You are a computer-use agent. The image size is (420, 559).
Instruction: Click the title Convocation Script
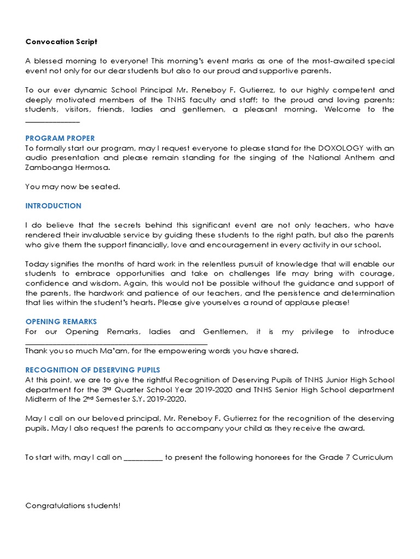[61, 41]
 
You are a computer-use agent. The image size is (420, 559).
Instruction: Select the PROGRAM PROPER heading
[60, 138]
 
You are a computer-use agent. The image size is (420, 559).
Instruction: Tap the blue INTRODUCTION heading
[53, 206]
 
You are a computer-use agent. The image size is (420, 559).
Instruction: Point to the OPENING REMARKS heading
[61, 322]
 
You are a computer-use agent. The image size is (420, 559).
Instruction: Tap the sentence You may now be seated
[72, 187]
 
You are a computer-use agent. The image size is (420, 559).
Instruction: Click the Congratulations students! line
[73, 506]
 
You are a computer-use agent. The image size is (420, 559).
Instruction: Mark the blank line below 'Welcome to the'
[52, 120]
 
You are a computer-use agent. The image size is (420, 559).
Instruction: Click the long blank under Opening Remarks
[116, 342]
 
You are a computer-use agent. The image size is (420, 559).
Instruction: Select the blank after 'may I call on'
[143, 457]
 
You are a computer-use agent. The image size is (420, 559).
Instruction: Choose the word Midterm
[42, 399]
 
